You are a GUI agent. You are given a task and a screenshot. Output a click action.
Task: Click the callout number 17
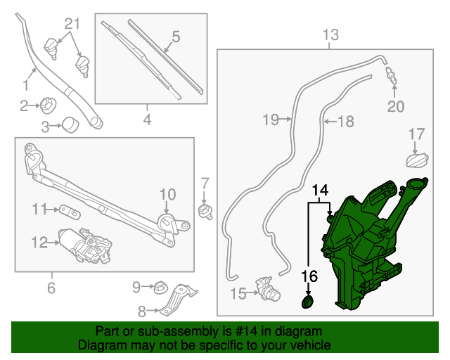(x=417, y=134)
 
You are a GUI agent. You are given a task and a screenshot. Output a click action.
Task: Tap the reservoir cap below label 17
(x=417, y=160)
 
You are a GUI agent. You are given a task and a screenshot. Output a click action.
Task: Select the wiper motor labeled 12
(x=85, y=245)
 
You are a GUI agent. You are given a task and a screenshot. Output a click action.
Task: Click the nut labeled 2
(x=48, y=105)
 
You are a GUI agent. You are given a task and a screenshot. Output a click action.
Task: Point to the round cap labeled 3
(x=70, y=125)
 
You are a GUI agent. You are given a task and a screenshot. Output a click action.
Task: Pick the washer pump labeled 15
(x=268, y=289)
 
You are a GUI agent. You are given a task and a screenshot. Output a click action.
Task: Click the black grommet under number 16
(x=307, y=302)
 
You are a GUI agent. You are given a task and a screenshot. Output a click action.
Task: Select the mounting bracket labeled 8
(x=178, y=300)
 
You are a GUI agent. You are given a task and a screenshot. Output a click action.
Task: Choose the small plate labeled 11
(x=70, y=212)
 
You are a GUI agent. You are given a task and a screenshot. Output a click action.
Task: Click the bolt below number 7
(x=205, y=212)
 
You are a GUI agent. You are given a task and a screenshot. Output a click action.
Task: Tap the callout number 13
(x=330, y=34)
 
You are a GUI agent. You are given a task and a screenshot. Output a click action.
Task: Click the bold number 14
(x=321, y=190)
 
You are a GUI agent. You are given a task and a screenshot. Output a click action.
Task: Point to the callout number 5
(x=176, y=37)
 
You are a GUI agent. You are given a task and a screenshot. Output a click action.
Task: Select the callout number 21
(x=72, y=24)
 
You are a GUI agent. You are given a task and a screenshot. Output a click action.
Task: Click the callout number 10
(x=167, y=194)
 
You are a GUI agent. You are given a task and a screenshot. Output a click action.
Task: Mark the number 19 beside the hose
(x=271, y=120)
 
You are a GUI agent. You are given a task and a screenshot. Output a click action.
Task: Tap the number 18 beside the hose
(x=346, y=121)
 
